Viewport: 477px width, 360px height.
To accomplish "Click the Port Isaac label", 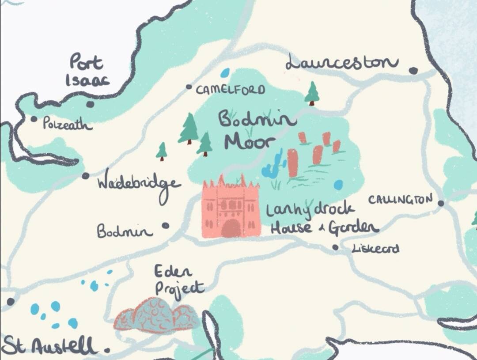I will click(x=87, y=71).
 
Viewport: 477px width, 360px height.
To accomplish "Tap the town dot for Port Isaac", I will click(x=90, y=104).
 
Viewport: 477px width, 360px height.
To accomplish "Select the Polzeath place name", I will click(x=68, y=124).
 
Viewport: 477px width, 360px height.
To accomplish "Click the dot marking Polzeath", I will click(x=34, y=119).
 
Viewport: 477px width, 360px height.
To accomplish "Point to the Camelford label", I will click(x=231, y=90).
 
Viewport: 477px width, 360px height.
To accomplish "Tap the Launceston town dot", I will click(x=413, y=71).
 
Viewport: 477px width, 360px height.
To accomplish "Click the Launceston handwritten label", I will click(x=341, y=62).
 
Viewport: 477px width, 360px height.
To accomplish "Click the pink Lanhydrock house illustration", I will click(x=230, y=208).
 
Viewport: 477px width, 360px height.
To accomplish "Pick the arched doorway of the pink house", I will click(x=231, y=229).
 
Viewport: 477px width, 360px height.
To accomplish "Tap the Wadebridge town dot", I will click(x=85, y=176).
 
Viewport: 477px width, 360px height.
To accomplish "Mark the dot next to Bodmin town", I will click(x=165, y=225).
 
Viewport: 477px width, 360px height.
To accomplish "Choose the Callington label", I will click(x=400, y=200).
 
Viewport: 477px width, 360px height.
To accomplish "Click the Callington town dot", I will click(x=440, y=203).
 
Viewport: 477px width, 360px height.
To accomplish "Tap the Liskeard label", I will click(x=375, y=249).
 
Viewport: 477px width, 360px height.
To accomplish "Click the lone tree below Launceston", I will click(x=312, y=93).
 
